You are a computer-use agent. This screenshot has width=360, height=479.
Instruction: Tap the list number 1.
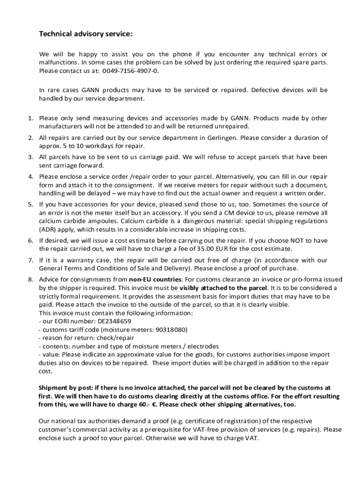[x=29, y=118]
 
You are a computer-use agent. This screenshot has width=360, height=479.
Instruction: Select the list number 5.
[x=29, y=204]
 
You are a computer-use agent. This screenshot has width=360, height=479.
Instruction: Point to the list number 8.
[x=29, y=279]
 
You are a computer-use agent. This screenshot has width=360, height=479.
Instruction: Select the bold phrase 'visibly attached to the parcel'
[x=223, y=288]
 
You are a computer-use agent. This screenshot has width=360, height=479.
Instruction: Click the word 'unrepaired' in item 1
[x=232, y=126]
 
